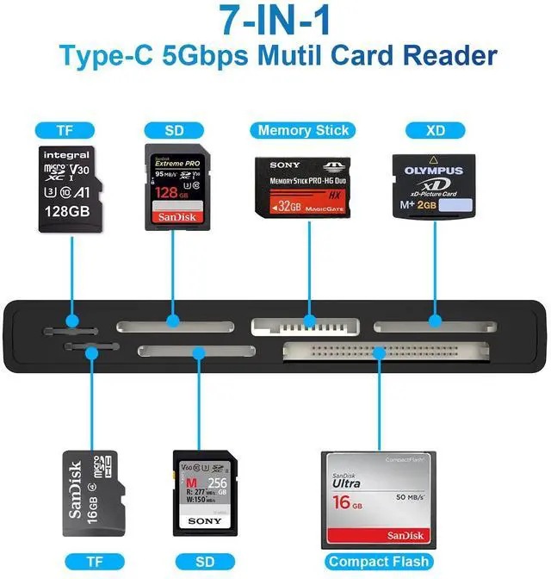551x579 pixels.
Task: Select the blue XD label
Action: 435,130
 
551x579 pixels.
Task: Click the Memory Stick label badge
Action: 303,130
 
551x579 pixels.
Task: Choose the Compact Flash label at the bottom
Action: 378,562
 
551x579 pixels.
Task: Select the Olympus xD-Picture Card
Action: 434,187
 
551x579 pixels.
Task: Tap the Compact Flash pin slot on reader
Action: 386,351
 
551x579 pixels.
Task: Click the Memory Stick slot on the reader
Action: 305,326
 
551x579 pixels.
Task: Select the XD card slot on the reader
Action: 434,326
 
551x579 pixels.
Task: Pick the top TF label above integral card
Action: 65,130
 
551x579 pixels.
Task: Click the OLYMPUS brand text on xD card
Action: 434,171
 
